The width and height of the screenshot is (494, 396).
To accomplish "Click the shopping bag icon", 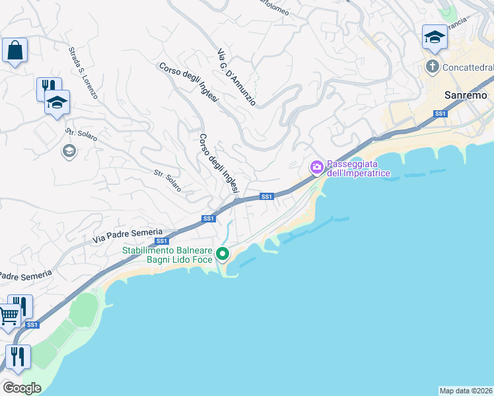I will click(15, 50).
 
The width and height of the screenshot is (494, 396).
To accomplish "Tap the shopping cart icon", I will click(8, 317).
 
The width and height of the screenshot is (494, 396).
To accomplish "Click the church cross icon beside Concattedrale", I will click(433, 67).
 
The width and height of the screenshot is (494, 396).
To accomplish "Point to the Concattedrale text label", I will click(468, 67).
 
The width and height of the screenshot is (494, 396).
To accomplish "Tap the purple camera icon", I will click(317, 167).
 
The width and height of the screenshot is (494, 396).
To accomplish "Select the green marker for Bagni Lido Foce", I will click(223, 253).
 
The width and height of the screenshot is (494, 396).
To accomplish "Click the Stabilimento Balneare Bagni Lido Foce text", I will click(168, 255).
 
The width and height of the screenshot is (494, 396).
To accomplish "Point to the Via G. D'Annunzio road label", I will click(236, 77).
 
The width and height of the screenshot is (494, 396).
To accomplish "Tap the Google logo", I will click(22, 388).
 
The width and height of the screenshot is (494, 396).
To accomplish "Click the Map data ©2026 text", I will click(466, 390).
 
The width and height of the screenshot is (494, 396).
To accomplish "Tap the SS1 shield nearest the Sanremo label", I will click(441, 114).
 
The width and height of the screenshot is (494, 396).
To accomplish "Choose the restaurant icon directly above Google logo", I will click(18, 357).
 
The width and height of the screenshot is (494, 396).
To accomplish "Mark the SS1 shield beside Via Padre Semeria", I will click(162, 241).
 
